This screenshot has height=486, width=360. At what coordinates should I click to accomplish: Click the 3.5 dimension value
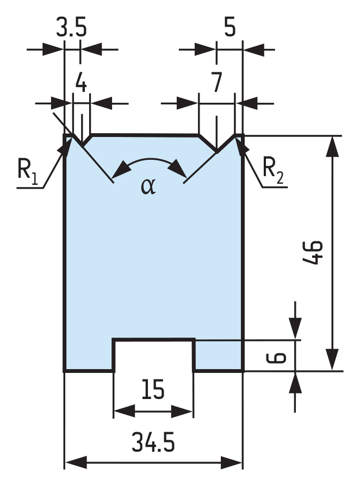71,27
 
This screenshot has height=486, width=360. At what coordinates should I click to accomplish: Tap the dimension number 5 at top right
230,27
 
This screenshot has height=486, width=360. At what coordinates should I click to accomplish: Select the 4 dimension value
81,83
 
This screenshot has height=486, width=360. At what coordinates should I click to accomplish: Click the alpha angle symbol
148,186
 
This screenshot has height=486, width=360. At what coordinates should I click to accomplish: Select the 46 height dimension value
313,252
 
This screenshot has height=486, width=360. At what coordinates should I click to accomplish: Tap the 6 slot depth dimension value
276,357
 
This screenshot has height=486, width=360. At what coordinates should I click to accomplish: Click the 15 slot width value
153,389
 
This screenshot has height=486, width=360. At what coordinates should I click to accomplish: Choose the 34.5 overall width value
153,442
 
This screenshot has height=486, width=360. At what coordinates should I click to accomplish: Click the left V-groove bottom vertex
83,146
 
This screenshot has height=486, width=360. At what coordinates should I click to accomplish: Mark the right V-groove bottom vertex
217,152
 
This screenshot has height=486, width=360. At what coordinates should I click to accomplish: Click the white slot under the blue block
154,356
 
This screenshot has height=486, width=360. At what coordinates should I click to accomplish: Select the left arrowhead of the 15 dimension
125,412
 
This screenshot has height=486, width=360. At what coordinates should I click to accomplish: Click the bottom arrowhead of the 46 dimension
333,359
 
